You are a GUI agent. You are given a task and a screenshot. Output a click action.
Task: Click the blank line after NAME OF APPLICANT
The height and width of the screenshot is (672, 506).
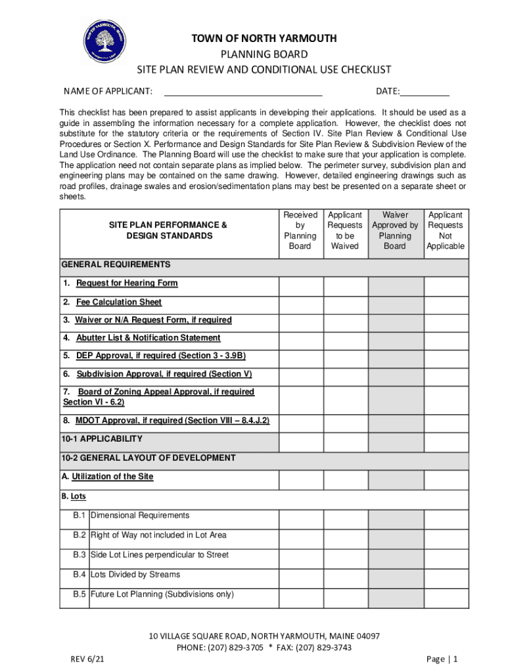[x=242, y=91]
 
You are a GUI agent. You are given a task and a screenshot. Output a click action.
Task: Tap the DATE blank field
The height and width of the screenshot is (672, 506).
[x=425, y=91]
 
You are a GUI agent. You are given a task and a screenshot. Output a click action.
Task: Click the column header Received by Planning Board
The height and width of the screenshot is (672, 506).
[x=300, y=230]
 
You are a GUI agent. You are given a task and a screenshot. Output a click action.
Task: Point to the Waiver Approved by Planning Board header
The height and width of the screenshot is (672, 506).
[x=395, y=230]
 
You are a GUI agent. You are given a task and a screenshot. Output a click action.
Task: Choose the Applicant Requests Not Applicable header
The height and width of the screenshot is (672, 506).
[x=445, y=230]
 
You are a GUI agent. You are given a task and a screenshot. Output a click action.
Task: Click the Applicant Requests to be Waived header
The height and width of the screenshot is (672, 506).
[x=345, y=230]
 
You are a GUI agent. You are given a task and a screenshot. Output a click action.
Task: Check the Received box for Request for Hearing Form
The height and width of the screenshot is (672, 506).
[x=300, y=286]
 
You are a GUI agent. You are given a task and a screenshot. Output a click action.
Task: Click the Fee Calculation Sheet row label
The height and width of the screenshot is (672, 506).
[x=118, y=303]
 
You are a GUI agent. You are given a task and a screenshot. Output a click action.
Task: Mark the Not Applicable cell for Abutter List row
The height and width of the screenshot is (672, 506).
[x=446, y=340]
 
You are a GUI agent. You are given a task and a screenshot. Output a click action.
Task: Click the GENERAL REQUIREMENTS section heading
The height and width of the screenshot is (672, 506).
[x=116, y=264]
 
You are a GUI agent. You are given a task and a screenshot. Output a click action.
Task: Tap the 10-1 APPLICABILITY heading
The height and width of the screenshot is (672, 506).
[x=102, y=438]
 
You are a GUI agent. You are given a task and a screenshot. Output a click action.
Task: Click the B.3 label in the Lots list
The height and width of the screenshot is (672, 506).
[x=80, y=555]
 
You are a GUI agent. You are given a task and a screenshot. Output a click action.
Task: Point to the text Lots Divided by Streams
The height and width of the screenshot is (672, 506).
[x=135, y=574]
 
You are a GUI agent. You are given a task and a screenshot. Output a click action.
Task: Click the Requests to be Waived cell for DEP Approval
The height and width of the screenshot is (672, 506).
[x=345, y=358]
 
